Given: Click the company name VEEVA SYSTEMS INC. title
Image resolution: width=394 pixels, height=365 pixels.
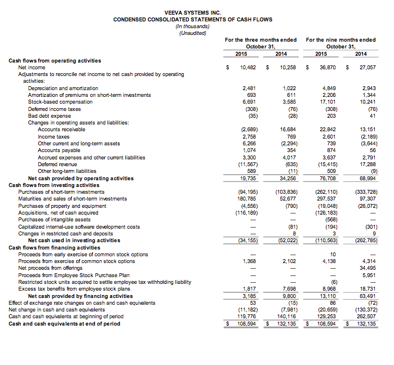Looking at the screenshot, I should click(193, 12).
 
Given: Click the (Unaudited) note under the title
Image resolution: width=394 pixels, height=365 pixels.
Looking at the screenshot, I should click(193, 33).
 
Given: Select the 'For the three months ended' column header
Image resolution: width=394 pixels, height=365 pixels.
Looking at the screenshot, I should click(260, 40).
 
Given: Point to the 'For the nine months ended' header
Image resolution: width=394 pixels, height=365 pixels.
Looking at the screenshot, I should click(340, 40).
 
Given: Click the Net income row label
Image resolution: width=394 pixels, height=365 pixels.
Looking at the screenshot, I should click(32, 67).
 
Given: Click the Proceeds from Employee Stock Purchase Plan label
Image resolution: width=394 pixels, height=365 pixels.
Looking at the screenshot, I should click(65, 275).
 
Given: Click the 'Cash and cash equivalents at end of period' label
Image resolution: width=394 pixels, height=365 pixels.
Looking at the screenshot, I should click(64, 323).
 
